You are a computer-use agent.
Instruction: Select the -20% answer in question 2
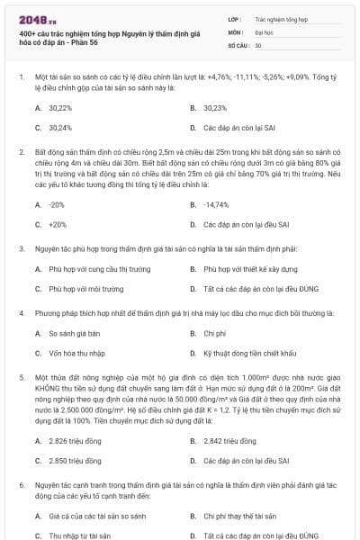tap(57, 204)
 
